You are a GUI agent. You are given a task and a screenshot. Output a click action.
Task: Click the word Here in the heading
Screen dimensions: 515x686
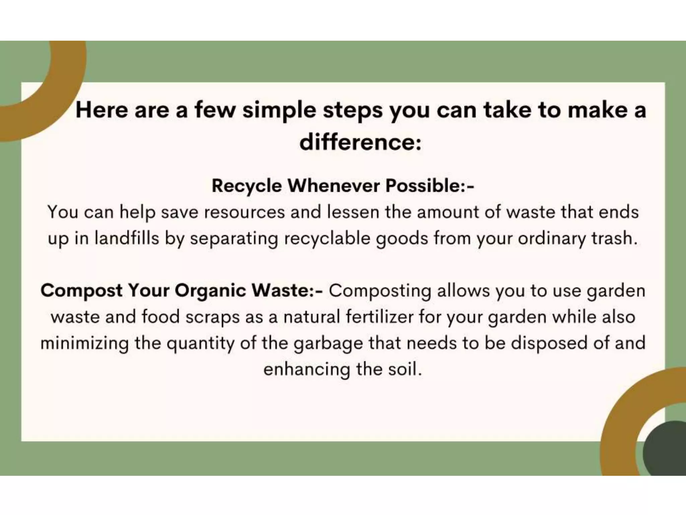point(102,110)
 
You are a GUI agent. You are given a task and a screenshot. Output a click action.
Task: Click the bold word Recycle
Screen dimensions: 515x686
point(247,186)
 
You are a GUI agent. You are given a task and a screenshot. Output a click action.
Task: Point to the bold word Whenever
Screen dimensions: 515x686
point(334,186)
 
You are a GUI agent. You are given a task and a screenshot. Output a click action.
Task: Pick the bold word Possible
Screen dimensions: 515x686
point(423,186)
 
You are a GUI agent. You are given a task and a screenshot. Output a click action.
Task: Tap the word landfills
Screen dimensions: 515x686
point(127,238)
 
